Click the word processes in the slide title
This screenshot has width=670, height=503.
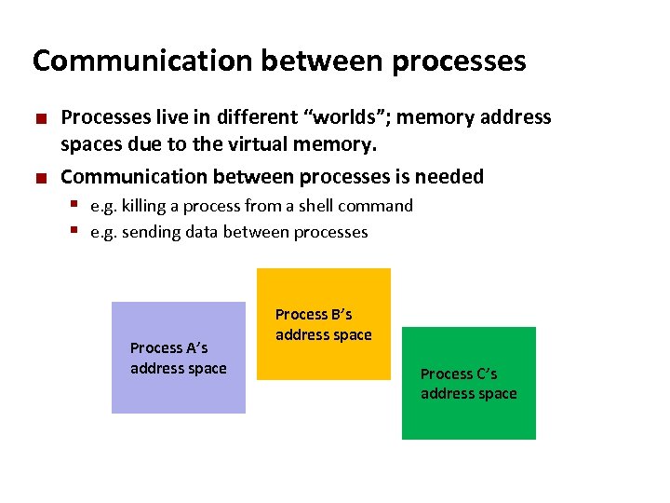pos(460,62)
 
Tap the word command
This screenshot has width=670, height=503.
pos(376,206)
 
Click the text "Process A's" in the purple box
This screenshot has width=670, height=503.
pos(169,347)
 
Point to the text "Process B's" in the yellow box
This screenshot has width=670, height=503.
pos(314,315)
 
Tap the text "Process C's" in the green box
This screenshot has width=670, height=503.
pos(459,374)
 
